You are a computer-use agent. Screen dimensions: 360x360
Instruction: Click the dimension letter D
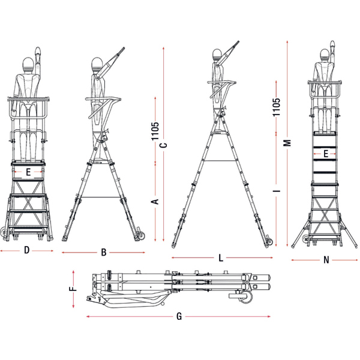pyautogui.click(x=26, y=250)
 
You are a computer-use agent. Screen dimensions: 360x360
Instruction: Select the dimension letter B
pyautogui.click(x=104, y=253)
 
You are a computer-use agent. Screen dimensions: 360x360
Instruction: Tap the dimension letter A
pyautogui.click(x=155, y=202)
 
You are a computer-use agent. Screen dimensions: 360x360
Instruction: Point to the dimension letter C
pyautogui.click(x=163, y=145)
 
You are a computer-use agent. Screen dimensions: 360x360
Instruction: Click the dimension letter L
pyautogui.click(x=221, y=258)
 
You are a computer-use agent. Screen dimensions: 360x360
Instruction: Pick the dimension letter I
pyautogui.click(x=277, y=191)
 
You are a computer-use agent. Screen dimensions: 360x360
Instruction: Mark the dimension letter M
pyautogui.click(x=287, y=143)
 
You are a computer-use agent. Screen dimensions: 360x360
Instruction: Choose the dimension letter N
pyautogui.click(x=326, y=260)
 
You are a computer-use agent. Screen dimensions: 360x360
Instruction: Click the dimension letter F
pyautogui.click(x=73, y=289)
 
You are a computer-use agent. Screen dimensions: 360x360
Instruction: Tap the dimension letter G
pyautogui.click(x=179, y=316)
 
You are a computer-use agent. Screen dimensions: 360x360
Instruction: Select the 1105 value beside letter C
pyautogui.click(x=155, y=131)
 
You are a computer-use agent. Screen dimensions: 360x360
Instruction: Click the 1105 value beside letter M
pyautogui.click(x=277, y=107)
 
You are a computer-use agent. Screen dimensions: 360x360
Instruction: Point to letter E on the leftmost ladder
pyautogui.click(x=28, y=172)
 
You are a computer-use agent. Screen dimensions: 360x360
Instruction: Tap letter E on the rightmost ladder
pyautogui.click(x=326, y=154)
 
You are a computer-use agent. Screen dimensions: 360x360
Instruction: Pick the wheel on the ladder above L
pyautogui.click(x=269, y=242)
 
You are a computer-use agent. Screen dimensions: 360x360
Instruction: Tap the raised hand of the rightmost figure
pyautogui.click(x=332, y=44)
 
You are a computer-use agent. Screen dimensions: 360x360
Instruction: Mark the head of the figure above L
pyautogui.click(x=217, y=55)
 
